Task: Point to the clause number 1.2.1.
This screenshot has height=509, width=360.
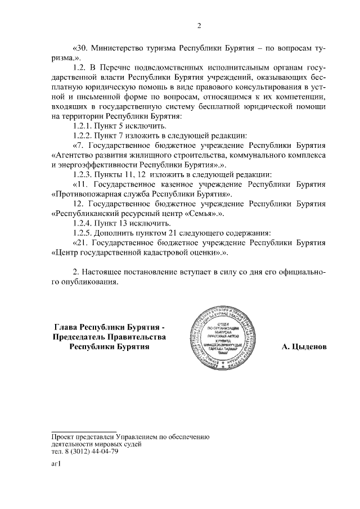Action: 84,126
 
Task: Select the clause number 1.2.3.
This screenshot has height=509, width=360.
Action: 84,174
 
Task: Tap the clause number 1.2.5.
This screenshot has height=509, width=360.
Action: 84,233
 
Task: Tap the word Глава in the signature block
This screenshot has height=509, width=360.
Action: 66,327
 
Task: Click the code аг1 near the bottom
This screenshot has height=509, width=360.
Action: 56,465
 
